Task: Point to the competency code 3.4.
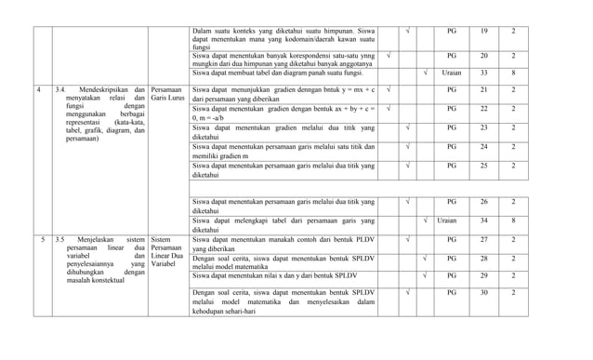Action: point(60,90)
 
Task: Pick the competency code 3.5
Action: point(60,239)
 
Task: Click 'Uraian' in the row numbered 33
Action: point(452,72)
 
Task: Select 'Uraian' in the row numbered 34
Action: point(447,220)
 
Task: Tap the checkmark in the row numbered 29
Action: point(425,276)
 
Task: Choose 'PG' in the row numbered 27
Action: point(452,239)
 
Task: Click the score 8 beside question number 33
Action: point(513,72)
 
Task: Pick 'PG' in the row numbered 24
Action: point(452,146)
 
